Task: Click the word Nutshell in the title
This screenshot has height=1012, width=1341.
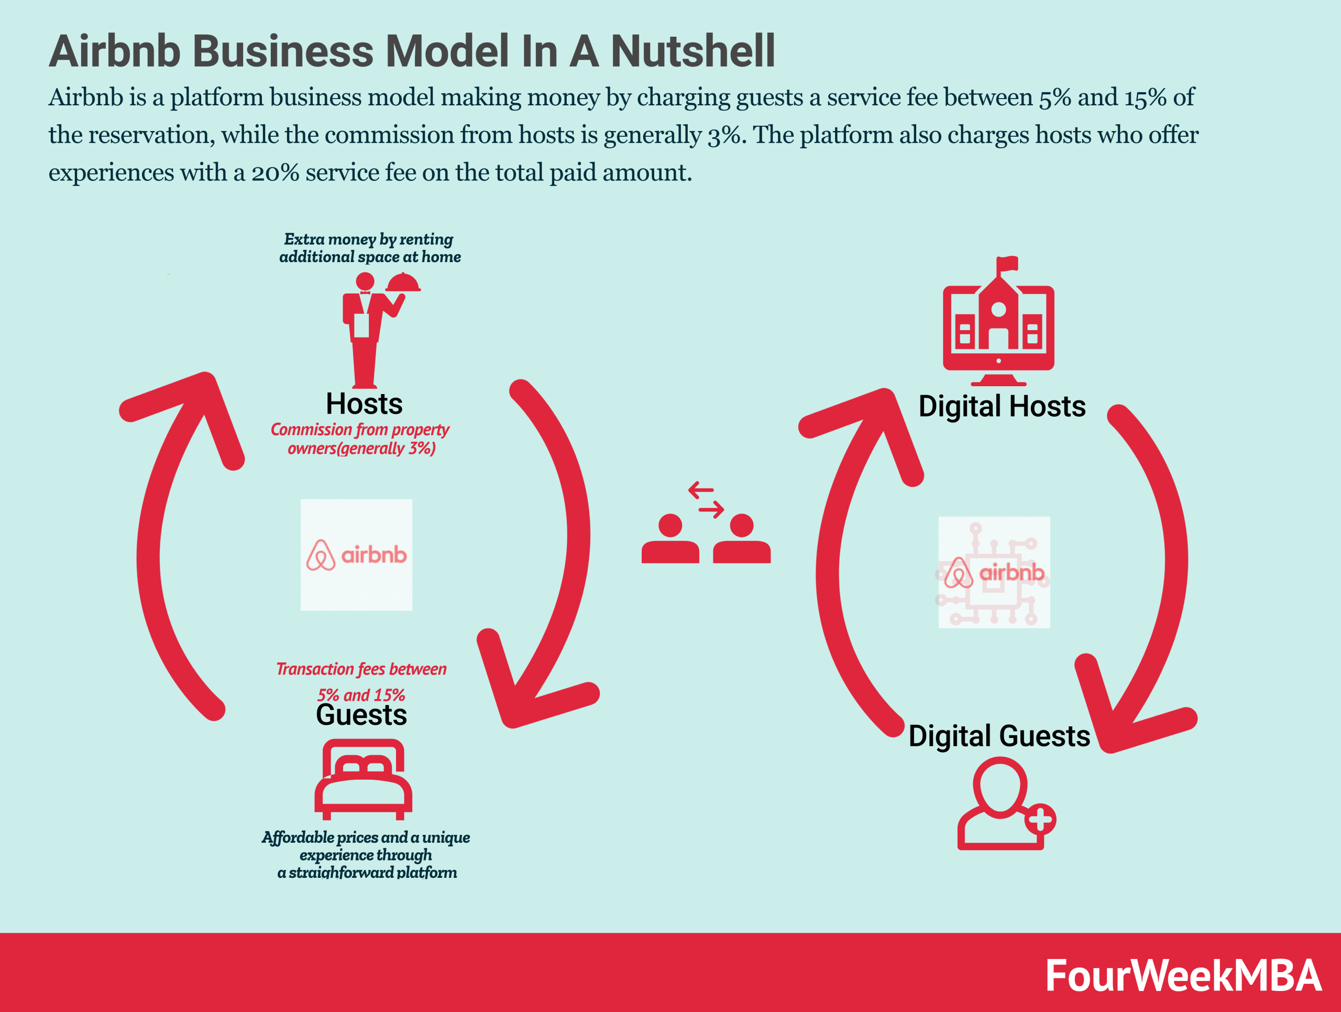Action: (x=693, y=51)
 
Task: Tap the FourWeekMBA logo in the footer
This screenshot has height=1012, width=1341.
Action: (x=1183, y=976)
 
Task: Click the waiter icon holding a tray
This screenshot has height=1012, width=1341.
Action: (x=366, y=331)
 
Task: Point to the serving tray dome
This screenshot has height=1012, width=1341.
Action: (x=403, y=283)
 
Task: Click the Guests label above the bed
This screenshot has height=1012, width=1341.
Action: (x=361, y=715)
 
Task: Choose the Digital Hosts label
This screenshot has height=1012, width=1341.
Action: (x=1002, y=406)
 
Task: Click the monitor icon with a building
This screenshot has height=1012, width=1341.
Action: (x=998, y=328)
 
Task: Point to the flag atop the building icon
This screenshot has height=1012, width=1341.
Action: (x=1007, y=263)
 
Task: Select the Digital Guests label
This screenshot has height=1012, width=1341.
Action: (x=999, y=736)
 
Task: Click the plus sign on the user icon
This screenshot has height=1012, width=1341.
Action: (x=1040, y=820)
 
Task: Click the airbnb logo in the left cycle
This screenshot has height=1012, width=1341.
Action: (x=357, y=555)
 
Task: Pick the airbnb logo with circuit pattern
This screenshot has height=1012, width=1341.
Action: (x=994, y=572)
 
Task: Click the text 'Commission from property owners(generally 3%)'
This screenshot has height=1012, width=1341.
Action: (x=360, y=438)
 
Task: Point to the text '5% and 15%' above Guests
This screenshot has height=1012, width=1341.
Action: (x=361, y=695)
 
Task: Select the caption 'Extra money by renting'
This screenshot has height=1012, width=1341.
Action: (x=369, y=239)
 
